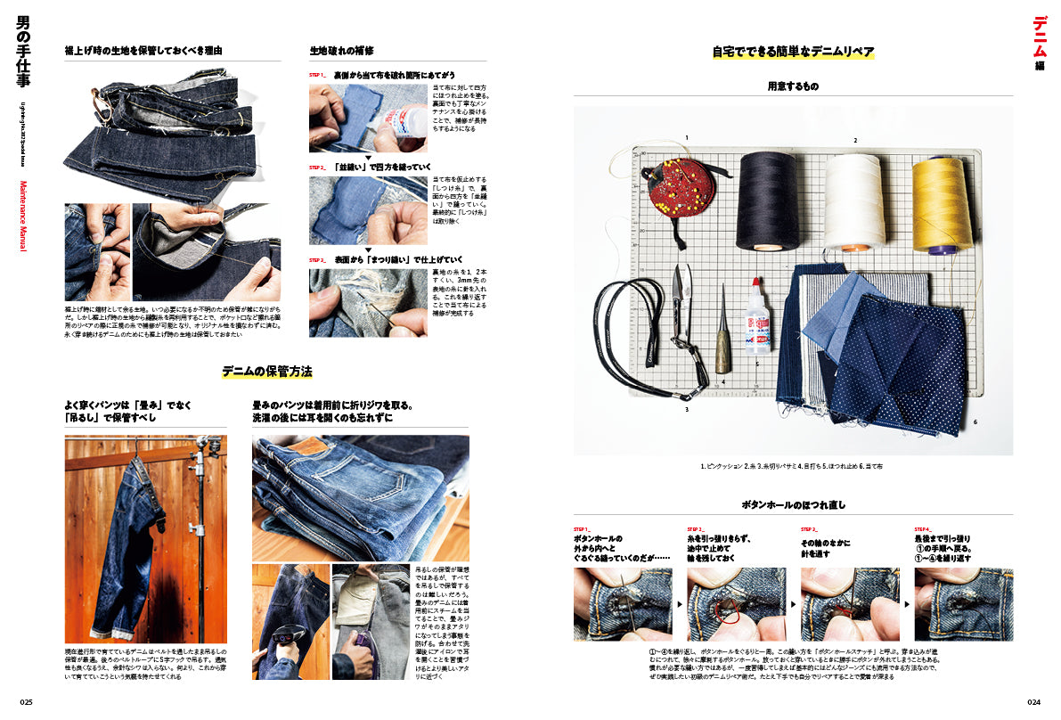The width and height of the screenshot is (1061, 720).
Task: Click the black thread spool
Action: [765, 200]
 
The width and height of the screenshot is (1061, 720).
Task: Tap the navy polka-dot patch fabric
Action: [900, 352]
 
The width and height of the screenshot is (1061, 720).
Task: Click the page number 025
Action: [27, 701]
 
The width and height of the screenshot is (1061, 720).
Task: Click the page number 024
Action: [1033, 701]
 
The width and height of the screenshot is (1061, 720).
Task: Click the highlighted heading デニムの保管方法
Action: [266, 371]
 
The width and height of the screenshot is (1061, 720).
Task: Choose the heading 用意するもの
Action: [793, 86]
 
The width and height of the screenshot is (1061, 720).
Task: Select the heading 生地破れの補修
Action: [341, 51]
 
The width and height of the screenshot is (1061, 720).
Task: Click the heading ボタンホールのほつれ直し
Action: [793, 504]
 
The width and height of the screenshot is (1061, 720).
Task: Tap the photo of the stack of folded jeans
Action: [360, 497]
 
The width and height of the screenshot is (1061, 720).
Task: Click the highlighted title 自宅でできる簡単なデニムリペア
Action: [793, 52]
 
